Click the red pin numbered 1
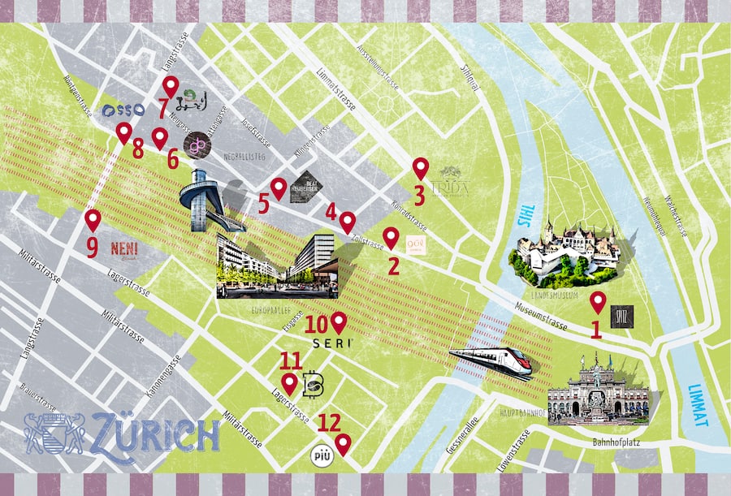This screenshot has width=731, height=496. click(598, 303)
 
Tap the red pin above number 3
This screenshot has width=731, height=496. click(420, 168)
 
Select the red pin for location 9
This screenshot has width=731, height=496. click(93, 220)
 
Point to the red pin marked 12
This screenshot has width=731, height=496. click(343, 444)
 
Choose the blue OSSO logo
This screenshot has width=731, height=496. click(124, 109)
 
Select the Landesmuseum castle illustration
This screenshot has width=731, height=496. click(564, 252)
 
